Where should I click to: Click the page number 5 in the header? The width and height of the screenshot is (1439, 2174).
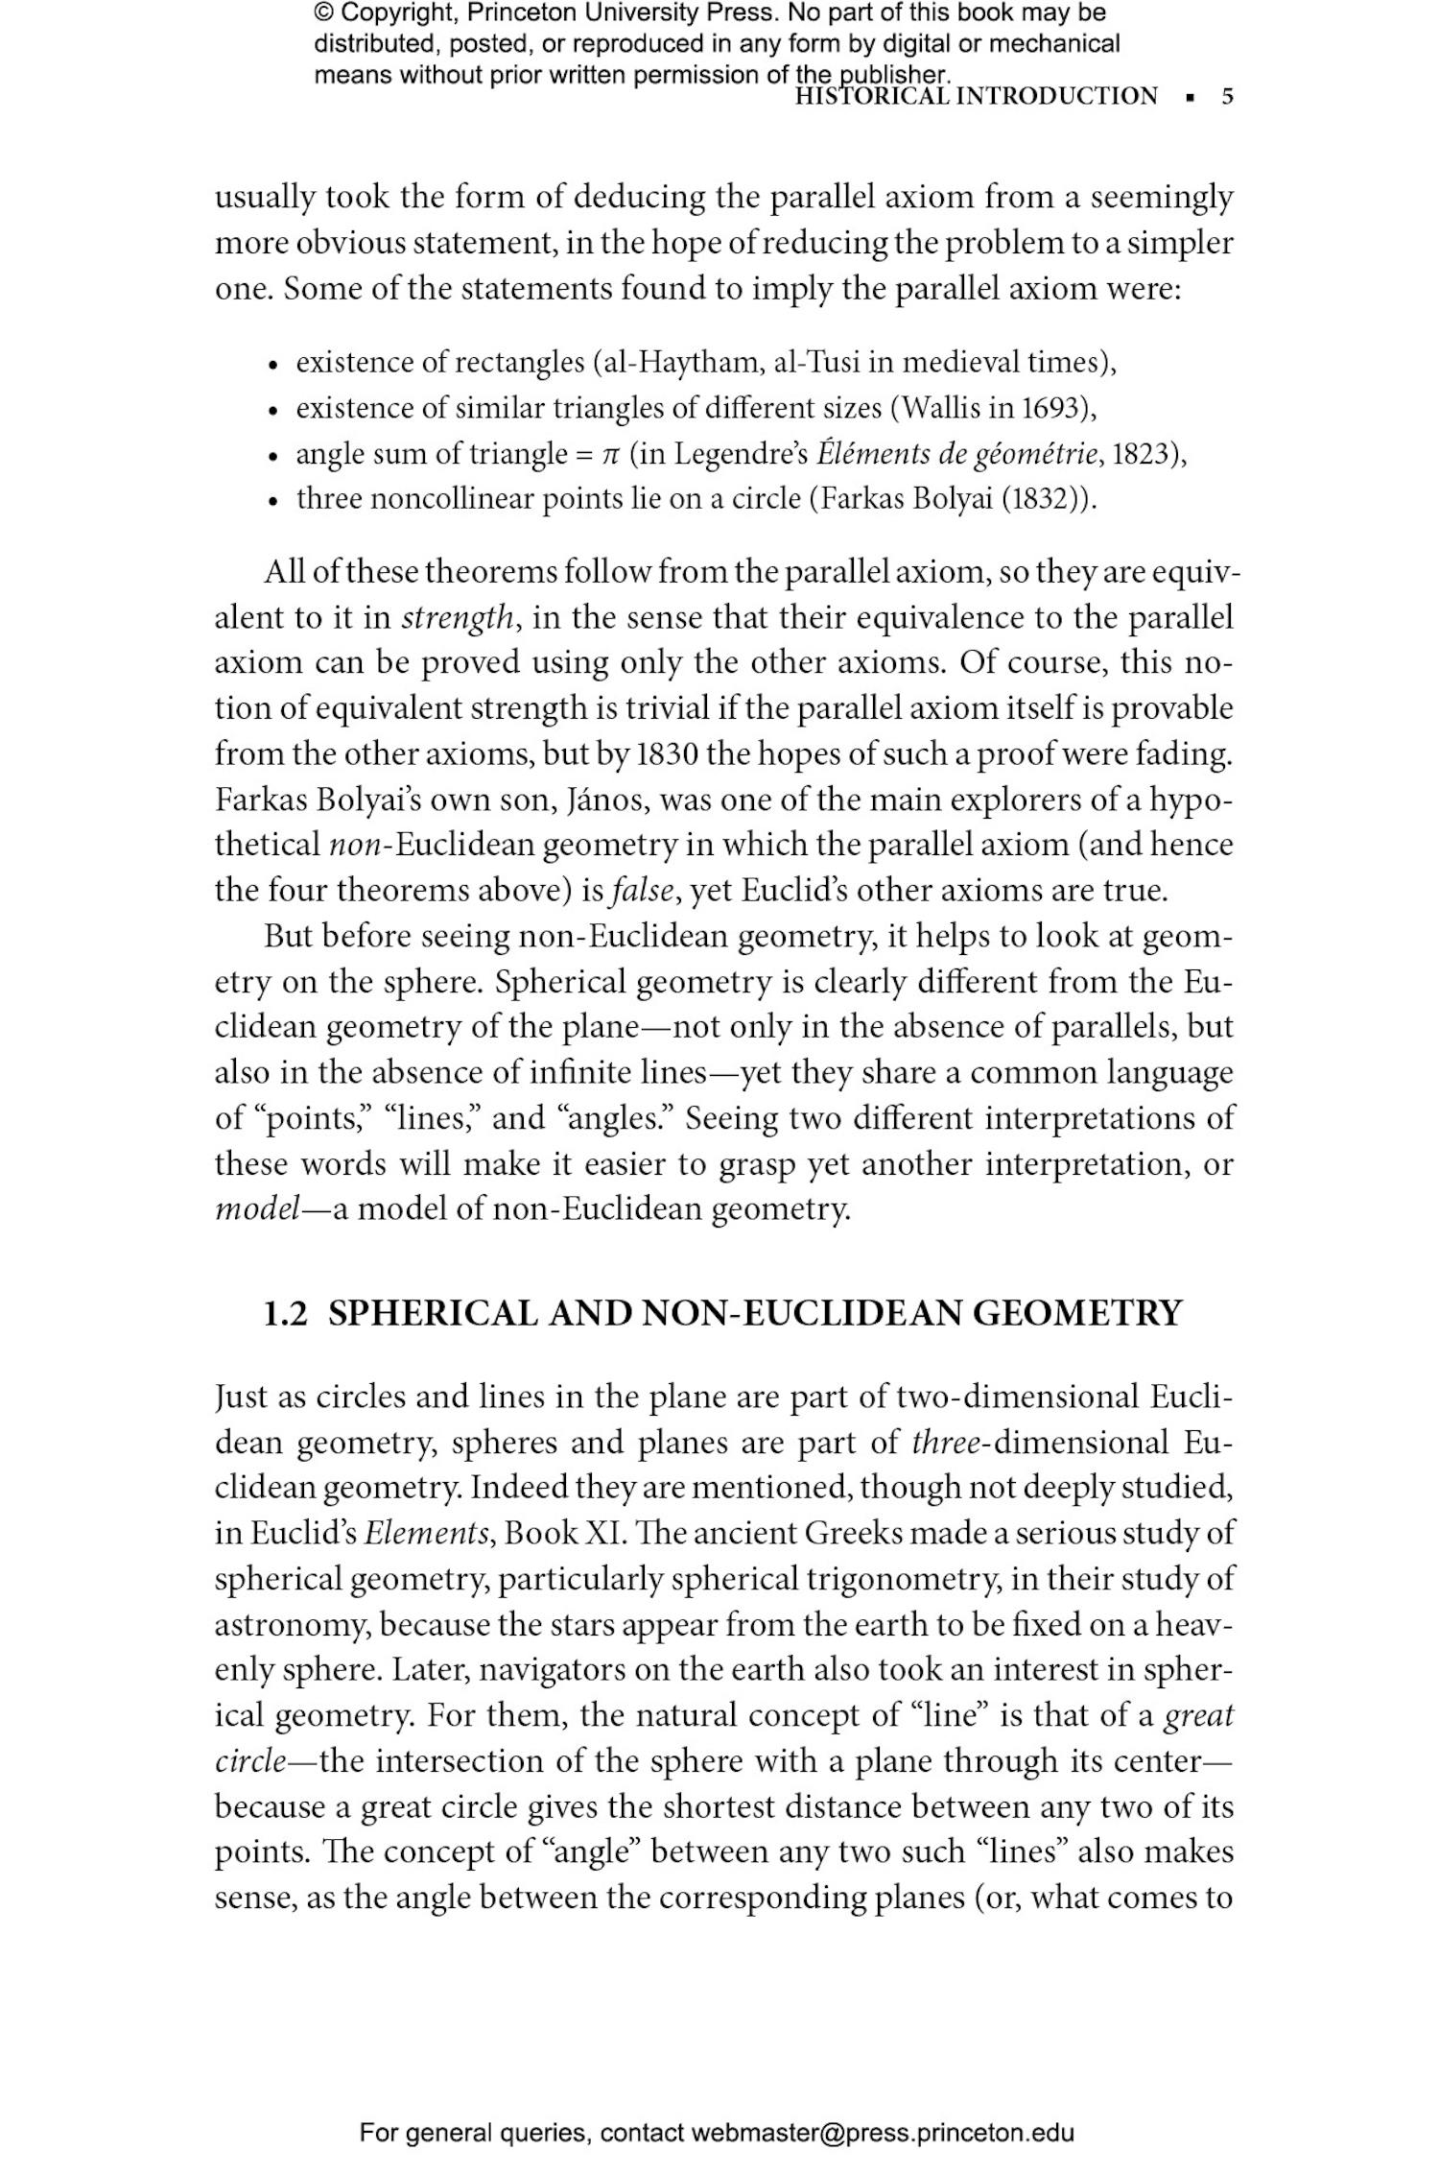1227,97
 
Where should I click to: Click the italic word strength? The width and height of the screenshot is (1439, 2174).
457,617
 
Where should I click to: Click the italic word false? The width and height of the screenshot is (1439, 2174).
645,891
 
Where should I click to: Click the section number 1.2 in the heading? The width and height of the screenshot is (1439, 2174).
286,1313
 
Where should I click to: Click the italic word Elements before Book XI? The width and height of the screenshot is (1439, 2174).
426,1534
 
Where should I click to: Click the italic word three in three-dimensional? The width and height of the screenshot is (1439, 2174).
945,1443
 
